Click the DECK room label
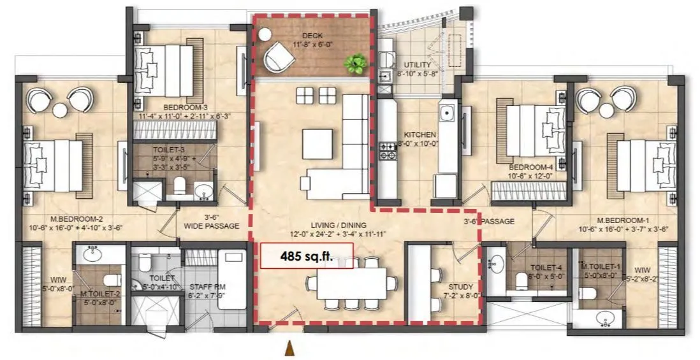312,36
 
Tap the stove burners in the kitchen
387,150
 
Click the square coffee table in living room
317,143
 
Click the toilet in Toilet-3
180,187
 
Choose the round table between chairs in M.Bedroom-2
60,110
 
